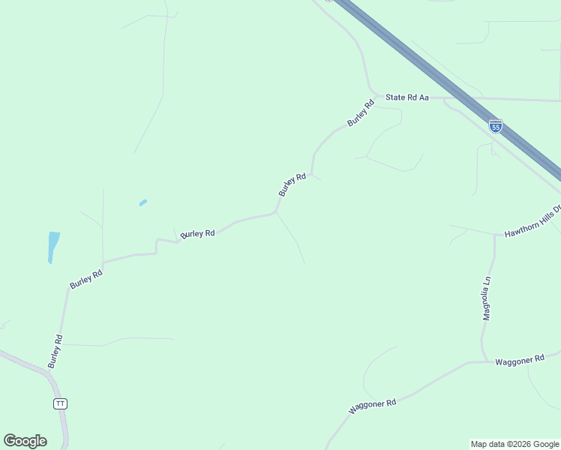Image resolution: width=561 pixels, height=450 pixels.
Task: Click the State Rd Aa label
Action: (x=406, y=97)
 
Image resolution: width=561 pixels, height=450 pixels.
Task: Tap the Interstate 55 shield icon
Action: (x=495, y=126)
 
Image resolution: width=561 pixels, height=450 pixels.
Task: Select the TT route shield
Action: (x=61, y=403)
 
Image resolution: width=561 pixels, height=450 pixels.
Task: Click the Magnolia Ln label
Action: (x=486, y=298)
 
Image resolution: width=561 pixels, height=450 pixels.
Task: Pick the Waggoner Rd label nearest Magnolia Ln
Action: (x=519, y=361)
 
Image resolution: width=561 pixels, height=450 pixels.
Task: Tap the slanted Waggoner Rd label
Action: (x=372, y=406)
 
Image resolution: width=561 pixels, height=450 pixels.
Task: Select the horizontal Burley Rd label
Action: (x=198, y=233)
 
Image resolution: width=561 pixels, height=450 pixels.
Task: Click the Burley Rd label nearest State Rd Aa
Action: (x=360, y=113)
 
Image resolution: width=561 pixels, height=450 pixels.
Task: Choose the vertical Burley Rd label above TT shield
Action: (x=55, y=351)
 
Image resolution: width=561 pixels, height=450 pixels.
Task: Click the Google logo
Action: (x=25, y=441)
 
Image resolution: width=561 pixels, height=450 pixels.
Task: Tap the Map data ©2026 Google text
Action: (x=514, y=444)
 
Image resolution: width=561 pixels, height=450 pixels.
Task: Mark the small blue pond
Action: (x=143, y=202)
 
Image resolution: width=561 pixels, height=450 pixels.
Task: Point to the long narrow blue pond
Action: (x=52, y=247)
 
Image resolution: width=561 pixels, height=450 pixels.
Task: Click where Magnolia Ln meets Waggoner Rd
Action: (x=483, y=362)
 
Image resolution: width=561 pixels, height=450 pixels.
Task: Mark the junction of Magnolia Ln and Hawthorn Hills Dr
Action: (x=495, y=235)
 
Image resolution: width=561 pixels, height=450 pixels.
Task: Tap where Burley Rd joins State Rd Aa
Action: (x=373, y=95)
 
